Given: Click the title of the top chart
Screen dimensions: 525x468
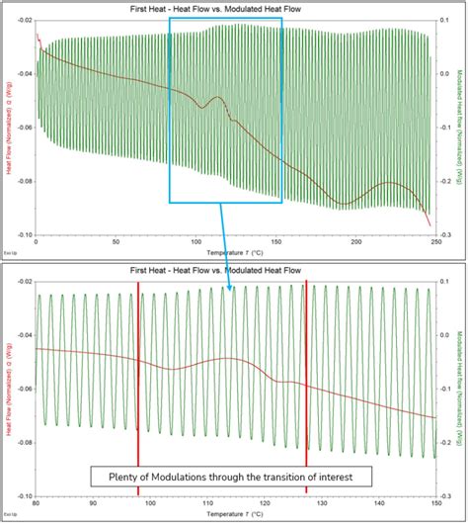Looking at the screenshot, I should (233, 8).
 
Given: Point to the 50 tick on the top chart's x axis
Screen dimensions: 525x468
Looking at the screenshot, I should (115, 241).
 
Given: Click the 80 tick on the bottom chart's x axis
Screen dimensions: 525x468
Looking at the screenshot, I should (37, 502).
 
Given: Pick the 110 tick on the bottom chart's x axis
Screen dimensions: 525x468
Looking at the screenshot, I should (206, 502).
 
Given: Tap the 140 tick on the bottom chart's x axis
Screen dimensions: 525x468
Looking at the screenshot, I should (377, 502).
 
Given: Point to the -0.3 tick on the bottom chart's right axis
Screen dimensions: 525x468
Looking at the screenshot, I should (445, 496).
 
